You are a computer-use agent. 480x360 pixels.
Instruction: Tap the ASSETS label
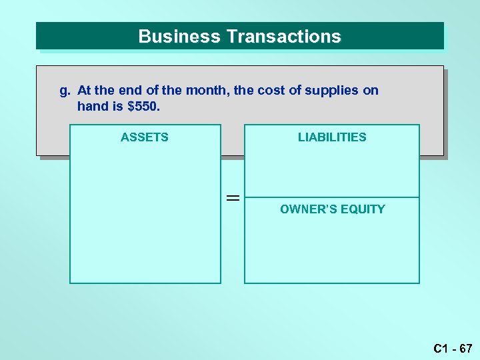[x=145, y=137]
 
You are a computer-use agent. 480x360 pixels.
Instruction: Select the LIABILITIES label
[x=332, y=137]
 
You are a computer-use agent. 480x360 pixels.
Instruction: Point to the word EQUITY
[x=363, y=209]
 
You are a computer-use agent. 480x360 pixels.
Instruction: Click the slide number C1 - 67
[x=453, y=348]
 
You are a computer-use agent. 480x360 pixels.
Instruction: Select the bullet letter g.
[x=65, y=90]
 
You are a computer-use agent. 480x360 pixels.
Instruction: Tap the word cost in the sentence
[x=269, y=90]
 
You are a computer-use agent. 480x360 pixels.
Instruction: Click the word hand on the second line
[x=91, y=106]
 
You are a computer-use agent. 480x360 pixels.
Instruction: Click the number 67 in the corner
[x=465, y=348]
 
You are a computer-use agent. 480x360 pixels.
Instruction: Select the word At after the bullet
[x=84, y=90]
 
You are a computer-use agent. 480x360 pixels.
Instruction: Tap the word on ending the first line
[x=371, y=90]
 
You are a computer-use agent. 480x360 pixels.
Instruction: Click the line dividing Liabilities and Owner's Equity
[x=332, y=197]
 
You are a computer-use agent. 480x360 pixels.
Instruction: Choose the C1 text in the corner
[x=440, y=348]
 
